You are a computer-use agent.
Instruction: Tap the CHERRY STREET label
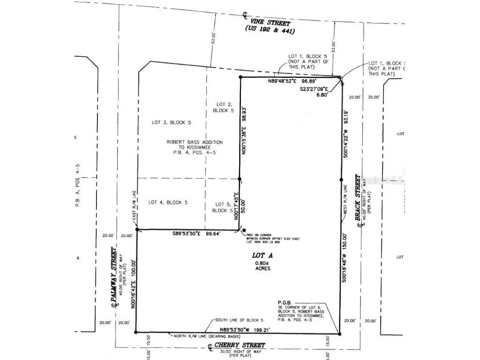240,345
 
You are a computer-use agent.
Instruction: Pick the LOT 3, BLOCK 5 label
172,122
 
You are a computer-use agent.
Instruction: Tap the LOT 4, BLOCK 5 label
168,202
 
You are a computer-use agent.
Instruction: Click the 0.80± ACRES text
262,266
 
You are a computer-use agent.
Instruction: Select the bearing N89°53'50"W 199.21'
239,330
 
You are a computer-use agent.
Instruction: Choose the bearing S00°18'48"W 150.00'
345,257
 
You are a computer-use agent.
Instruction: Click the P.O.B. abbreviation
285,302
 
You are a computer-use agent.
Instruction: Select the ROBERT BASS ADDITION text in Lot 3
195,142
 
